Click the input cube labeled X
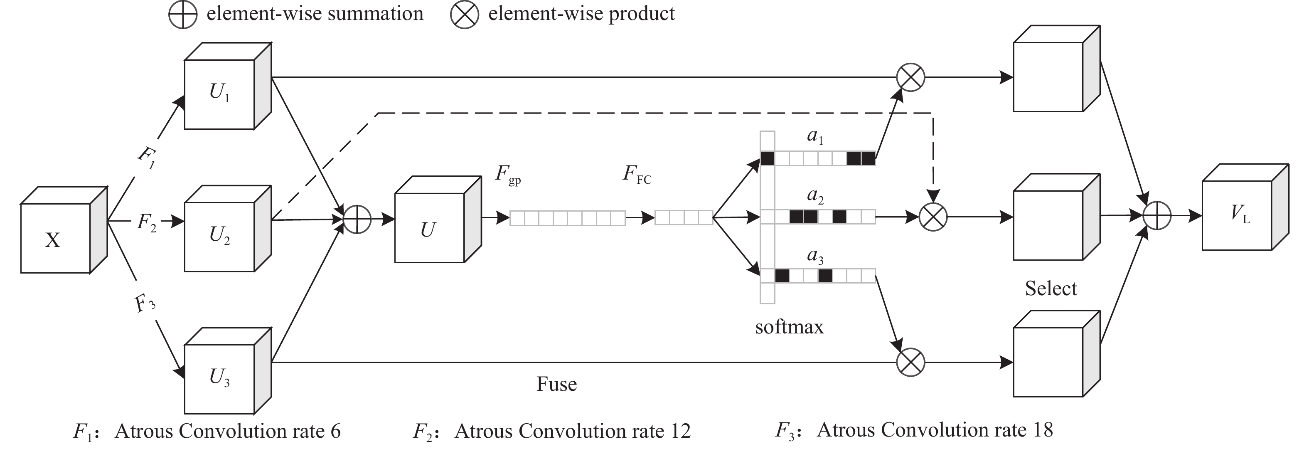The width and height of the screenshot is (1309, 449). pos(56,238)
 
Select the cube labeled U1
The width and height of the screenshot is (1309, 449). pos(219,94)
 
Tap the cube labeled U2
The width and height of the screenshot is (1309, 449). pos(219,236)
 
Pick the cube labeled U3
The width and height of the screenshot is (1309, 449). pos(219,378)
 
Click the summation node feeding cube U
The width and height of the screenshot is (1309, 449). pos(357,219)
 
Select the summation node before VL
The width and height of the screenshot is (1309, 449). pos(1157,216)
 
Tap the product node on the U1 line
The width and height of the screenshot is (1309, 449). pos(910,77)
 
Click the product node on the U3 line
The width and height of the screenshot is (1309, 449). pos(910,362)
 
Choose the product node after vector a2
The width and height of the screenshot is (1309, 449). pos(933,217)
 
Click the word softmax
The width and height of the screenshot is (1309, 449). pos(789,327)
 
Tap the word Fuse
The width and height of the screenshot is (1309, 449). pos(556,384)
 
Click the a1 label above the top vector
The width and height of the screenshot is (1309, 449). pos(815,136)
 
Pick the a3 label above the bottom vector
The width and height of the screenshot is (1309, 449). pos(815,256)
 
